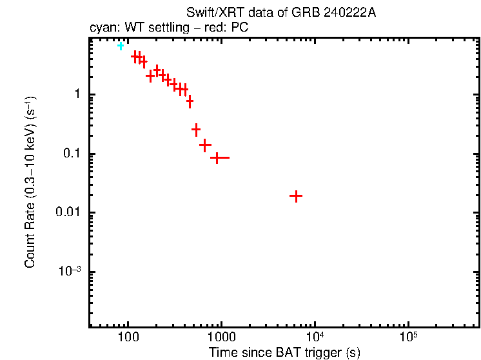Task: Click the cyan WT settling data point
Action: point(120,46)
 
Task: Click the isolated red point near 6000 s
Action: point(296,195)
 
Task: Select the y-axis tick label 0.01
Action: point(67,213)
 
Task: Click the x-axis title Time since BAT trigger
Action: point(284,353)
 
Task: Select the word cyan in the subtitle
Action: point(101,28)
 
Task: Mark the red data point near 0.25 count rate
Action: point(196,130)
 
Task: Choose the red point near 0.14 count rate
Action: point(205,145)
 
